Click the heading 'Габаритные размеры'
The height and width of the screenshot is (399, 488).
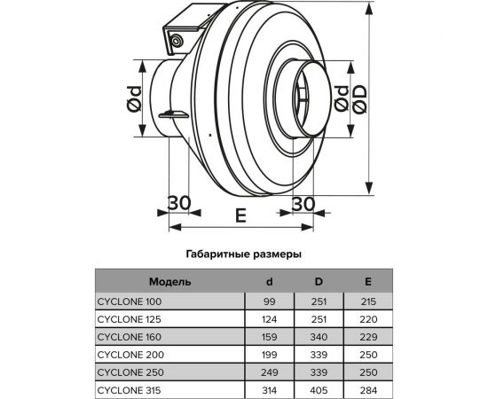[x=243, y=253]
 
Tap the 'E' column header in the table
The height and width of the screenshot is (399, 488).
[x=368, y=283]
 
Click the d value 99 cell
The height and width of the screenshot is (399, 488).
[x=270, y=302]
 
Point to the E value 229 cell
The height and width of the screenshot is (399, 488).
[x=368, y=336]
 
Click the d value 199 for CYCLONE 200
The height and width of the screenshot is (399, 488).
[x=270, y=353]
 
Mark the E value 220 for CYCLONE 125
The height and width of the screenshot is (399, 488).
[x=368, y=319]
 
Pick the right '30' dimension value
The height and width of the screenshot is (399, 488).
[x=303, y=203]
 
